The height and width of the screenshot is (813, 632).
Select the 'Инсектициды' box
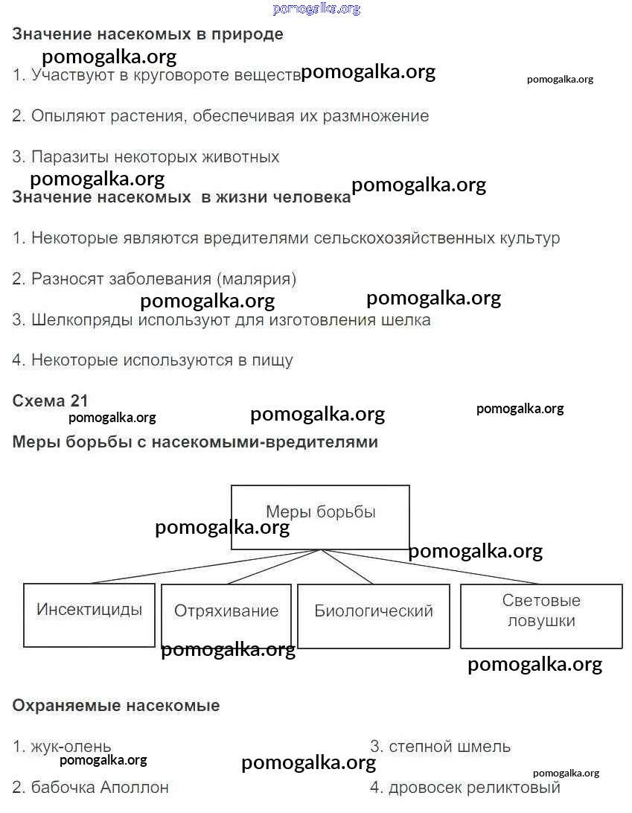click(x=89, y=614)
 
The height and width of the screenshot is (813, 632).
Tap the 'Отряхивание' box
click(x=226, y=614)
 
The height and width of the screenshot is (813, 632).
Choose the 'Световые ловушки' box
click(x=541, y=615)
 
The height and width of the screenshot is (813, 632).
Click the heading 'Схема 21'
click(x=50, y=401)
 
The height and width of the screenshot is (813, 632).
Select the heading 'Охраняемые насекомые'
click(x=116, y=705)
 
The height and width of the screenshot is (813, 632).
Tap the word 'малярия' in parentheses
click(x=256, y=279)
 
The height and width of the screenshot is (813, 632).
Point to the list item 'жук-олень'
click(x=71, y=746)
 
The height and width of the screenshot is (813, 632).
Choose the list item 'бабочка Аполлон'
click(x=100, y=787)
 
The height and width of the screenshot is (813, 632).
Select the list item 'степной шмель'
click(x=450, y=746)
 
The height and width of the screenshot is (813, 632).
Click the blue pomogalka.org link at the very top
click(x=316, y=9)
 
